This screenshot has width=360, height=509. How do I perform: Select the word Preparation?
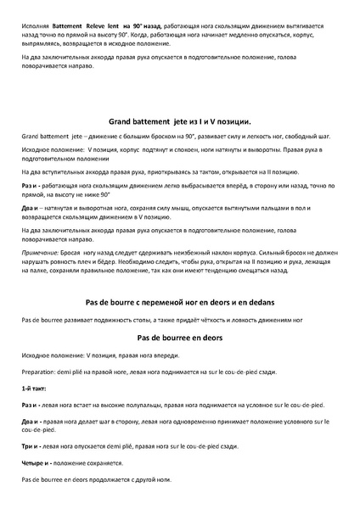(41, 371)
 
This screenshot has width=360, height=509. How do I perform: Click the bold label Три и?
(31, 445)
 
